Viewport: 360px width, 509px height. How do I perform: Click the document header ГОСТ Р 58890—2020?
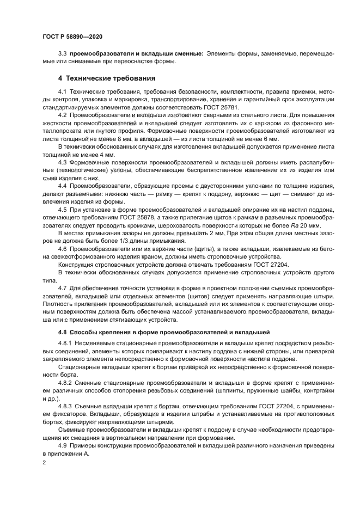pyautogui.click(x=72, y=36)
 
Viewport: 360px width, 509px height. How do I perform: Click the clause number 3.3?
pyautogui.click(x=62, y=53)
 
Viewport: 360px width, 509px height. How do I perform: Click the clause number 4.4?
pyautogui.click(x=62, y=186)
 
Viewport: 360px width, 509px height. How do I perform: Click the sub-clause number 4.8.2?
pyautogui.click(x=64, y=383)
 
